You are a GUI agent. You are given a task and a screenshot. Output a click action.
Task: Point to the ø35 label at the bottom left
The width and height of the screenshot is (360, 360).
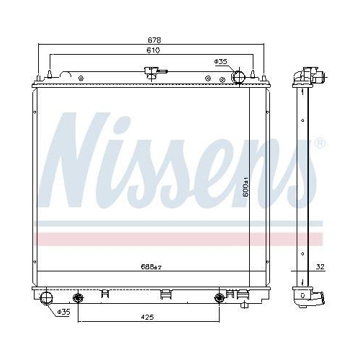63,312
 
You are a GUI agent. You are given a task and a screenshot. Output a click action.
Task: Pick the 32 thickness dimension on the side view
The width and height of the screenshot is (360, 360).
320,267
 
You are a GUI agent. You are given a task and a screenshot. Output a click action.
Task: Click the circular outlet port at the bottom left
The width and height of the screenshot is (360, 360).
48,297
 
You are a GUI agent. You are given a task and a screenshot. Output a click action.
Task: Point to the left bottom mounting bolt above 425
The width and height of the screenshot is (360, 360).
78,298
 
